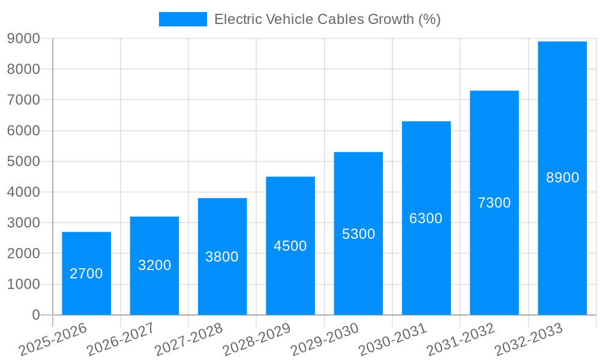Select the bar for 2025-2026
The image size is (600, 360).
pyautogui.click(x=86, y=273)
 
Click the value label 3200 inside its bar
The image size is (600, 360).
pyautogui.click(x=154, y=265)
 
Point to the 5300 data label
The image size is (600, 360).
pyautogui.click(x=358, y=234)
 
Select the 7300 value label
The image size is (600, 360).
pyautogui.click(x=494, y=203)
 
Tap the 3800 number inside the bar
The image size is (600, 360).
pyautogui.click(x=222, y=257)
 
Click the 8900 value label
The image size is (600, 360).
pyautogui.click(x=562, y=178)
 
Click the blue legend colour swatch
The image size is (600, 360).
pyautogui.click(x=182, y=19)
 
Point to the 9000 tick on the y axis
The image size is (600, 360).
pyautogui.click(x=23, y=38)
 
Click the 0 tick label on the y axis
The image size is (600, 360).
pyautogui.click(x=36, y=315)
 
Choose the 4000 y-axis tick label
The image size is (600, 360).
pyautogui.click(x=23, y=192)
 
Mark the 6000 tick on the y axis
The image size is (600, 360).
pyautogui.click(x=23, y=131)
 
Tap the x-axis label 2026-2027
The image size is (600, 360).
pyautogui.click(x=120, y=340)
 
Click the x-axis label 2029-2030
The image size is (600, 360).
pyautogui.click(x=325, y=340)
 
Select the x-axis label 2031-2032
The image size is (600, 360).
pyautogui.click(x=460, y=340)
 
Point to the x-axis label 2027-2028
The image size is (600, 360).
pyautogui.click(x=188, y=340)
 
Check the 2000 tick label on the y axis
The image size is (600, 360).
pyautogui.click(x=23, y=254)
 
